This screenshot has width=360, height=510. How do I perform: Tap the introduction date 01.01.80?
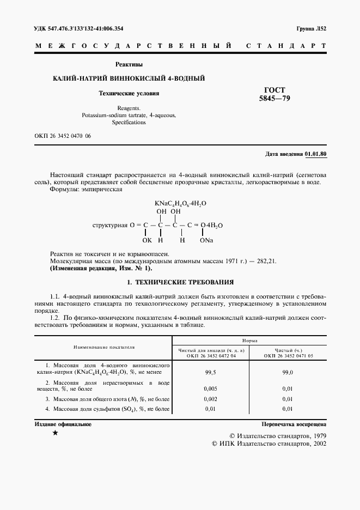click(x=316, y=154)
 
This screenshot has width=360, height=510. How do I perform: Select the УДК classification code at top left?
click(x=78, y=28)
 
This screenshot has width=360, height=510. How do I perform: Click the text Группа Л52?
click(x=311, y=28)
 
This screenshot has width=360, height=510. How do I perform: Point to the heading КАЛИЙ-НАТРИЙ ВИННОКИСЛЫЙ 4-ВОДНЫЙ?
click(x=129, y=78)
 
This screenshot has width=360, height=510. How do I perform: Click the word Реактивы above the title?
click(x=129, y=64)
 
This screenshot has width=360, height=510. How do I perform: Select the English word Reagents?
click(x=129, y=108)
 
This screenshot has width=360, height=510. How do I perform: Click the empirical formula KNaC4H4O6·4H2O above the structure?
click(x=180, y=203)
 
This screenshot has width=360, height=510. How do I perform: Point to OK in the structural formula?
click(x=147, y=240)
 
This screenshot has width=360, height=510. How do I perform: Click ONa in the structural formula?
click(x=206, y=240)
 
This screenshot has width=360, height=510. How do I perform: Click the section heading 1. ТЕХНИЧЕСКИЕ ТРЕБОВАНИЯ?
click(x=180, y=282)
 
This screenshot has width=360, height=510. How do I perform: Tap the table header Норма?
click(x=249, y=339)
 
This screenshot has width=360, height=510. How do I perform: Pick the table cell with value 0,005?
click(x=210, y=388)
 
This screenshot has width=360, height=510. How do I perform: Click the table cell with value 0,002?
click(x=210, y=399)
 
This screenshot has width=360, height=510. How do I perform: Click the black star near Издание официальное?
click(x=54, y=433)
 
